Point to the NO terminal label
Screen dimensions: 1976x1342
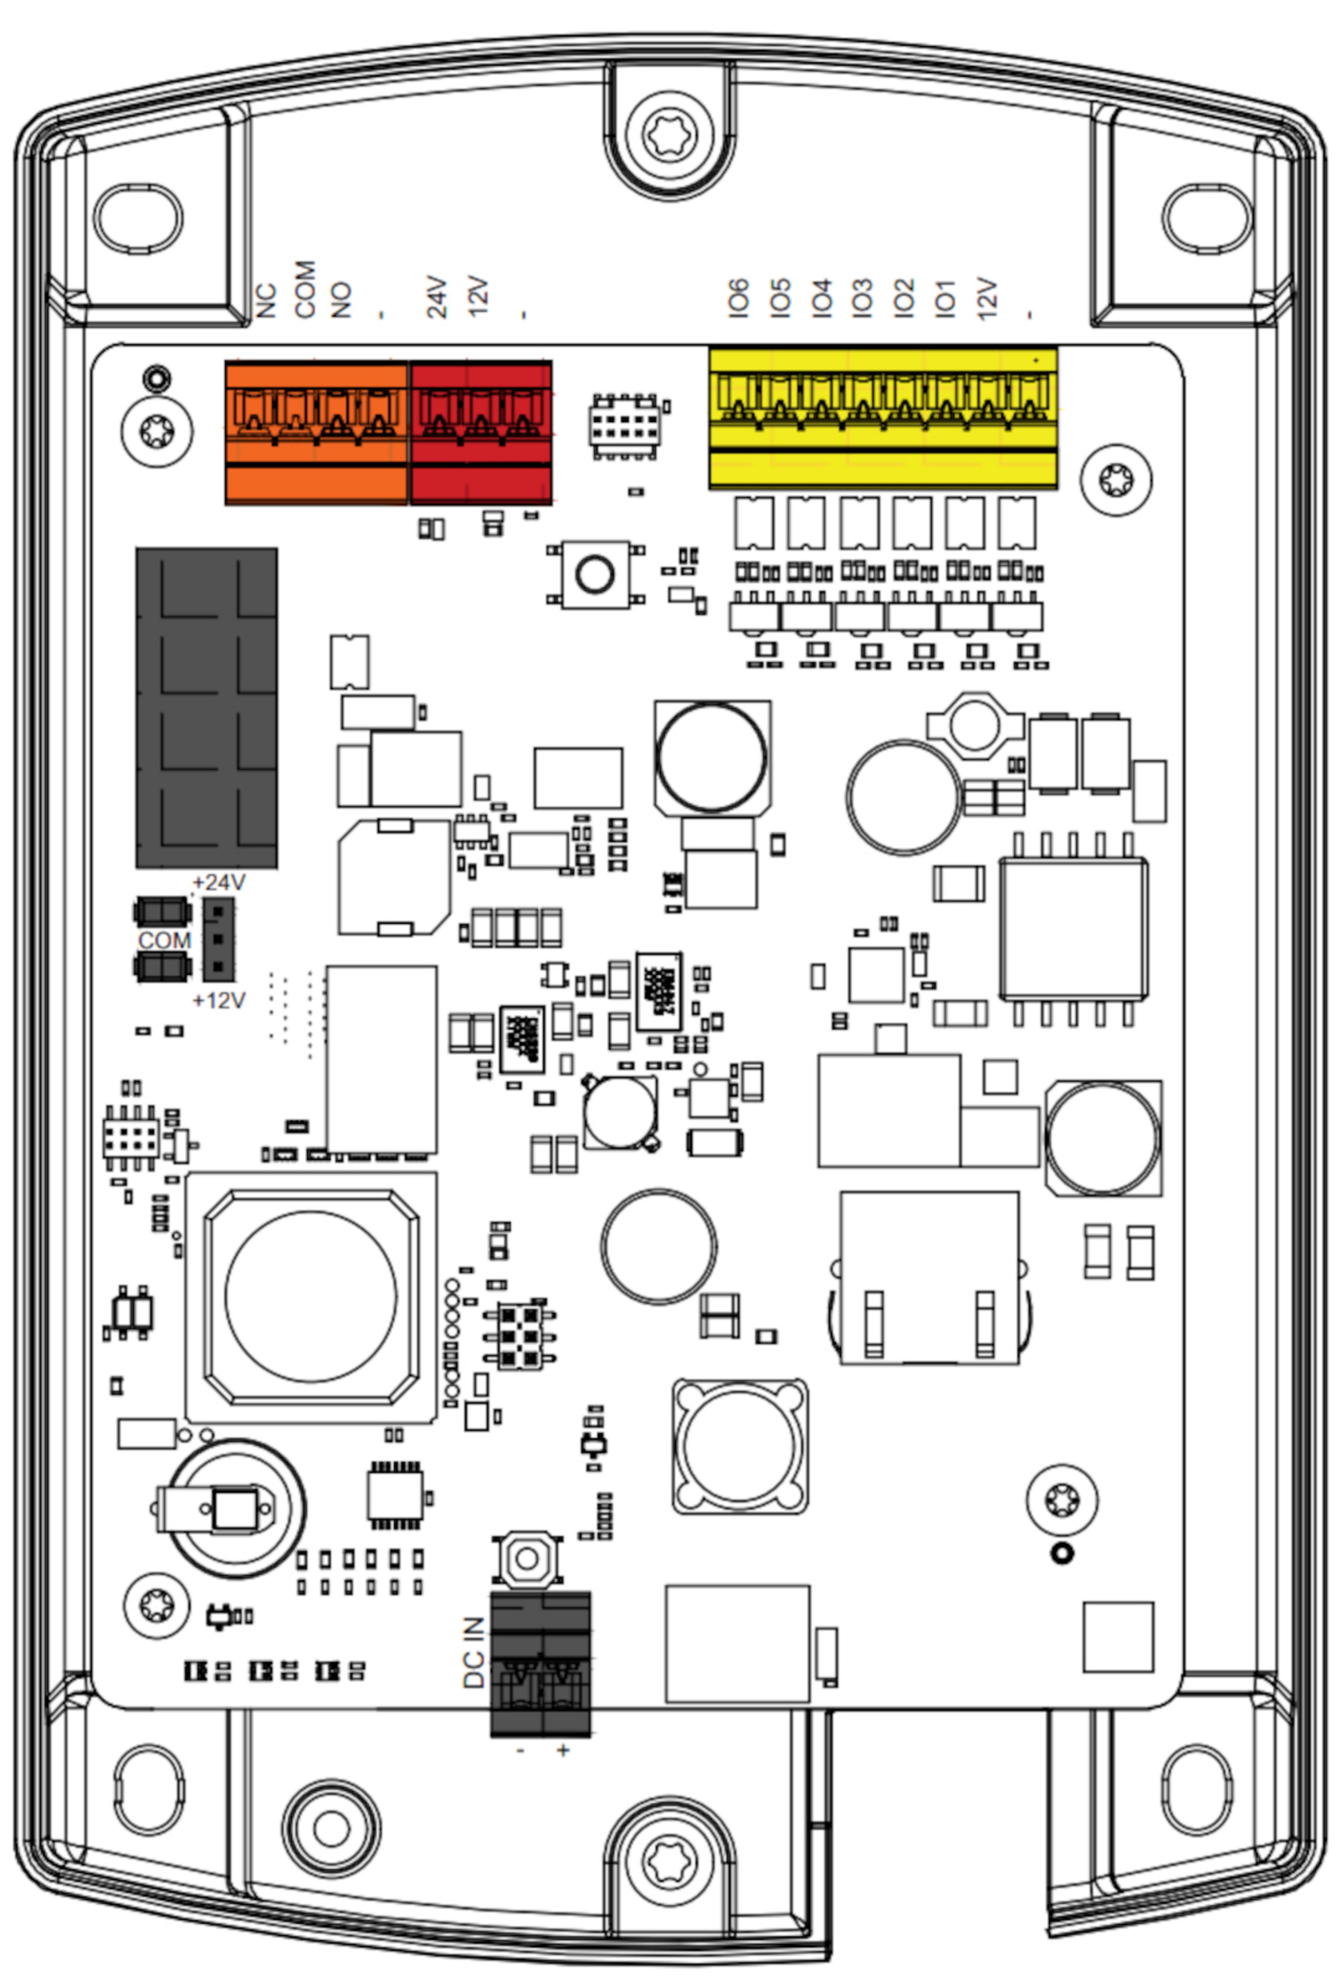tap(341, 299)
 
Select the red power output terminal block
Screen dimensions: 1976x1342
tap(481, 433)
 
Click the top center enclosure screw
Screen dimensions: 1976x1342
tap(671, 133)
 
